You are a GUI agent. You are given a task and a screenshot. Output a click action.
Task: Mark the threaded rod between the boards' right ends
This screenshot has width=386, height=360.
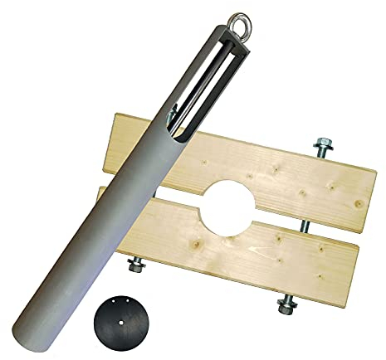tap(305, 224)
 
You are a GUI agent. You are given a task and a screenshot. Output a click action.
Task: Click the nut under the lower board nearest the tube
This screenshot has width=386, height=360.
tap(134, 267)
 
